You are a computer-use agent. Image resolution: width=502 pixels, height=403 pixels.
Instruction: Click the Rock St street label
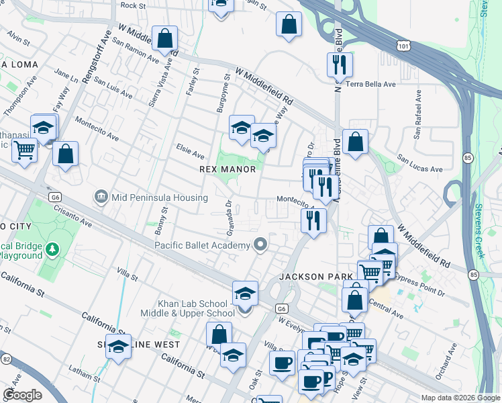coord(133,5)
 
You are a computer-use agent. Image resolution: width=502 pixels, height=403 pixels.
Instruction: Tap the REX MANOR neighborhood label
coord(228,170)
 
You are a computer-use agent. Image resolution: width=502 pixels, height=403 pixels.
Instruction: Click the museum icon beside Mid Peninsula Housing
coord(101,197)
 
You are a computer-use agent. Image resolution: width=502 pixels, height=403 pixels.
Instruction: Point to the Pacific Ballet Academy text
coord(202,245)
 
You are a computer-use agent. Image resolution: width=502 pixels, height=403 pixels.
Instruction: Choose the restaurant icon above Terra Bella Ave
coord(339,65)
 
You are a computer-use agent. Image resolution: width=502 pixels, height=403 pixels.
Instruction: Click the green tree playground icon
coord(52,250)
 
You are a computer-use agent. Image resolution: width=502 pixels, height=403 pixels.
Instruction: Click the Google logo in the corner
coord(22,394)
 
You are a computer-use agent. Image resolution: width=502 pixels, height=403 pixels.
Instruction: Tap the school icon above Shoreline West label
coord(118,347)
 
